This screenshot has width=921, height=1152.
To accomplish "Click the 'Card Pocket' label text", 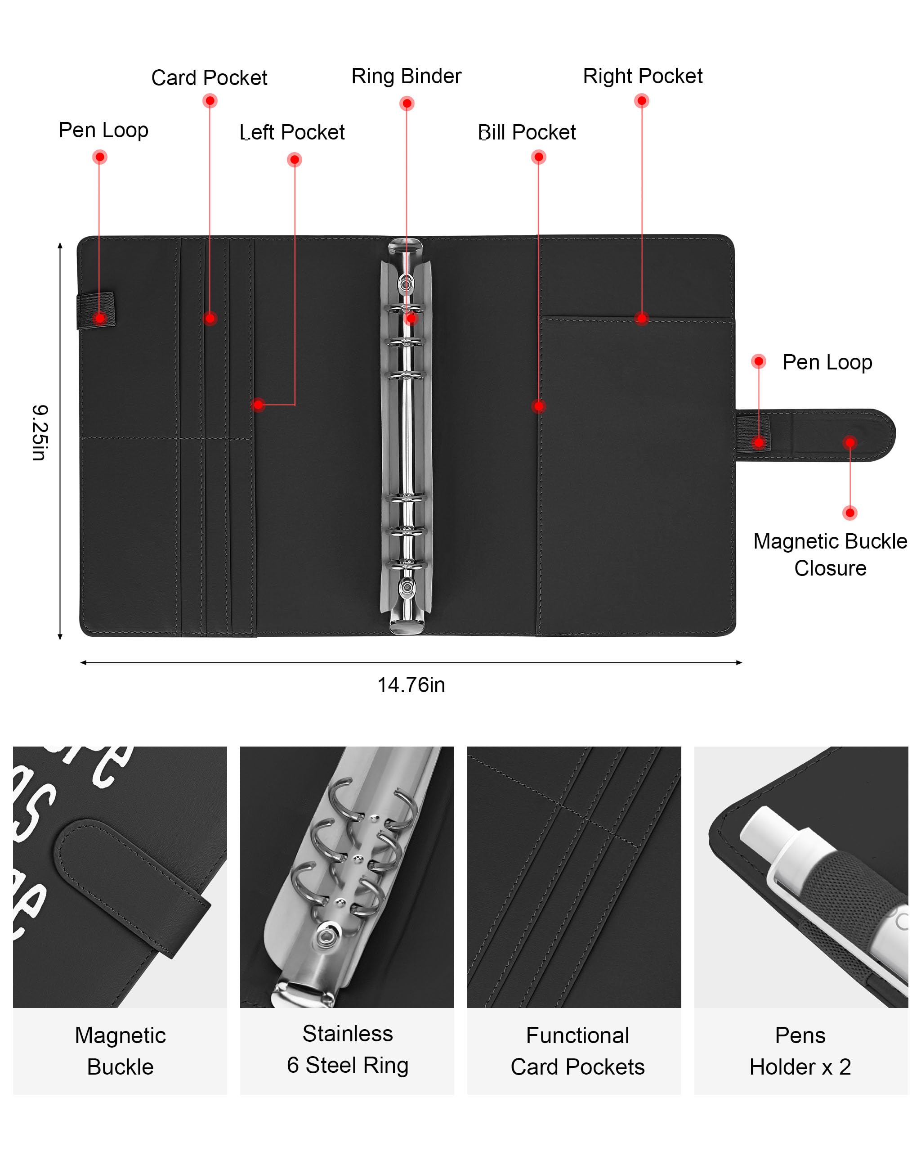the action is [x=209, y=78].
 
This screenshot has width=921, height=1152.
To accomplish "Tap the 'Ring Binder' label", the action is [x=406, y=76].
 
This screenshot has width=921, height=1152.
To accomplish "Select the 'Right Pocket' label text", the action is [x=642, y=76].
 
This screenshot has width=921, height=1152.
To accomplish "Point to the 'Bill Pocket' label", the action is [x=527, y=132].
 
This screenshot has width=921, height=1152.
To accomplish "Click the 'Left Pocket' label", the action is [x=292, y=132].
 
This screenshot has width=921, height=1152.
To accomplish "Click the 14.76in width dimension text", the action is [x=411, y=685].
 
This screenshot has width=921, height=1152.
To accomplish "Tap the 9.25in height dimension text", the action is [x=40, y=432].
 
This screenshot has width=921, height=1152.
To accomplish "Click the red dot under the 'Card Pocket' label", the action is [x=210, y=101].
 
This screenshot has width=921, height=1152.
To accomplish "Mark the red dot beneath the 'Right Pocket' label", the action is [x=641, y=101].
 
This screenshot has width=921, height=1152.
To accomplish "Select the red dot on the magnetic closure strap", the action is [x=849, y=442].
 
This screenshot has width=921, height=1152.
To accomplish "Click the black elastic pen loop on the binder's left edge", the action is [x=96, y=310].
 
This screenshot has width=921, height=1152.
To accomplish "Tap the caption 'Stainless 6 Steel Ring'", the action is [x=348, y=1049].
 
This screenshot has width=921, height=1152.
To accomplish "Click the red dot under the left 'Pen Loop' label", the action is [x=100, y=157].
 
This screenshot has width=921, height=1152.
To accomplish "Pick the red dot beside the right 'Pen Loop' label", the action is [x=758, y=362].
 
